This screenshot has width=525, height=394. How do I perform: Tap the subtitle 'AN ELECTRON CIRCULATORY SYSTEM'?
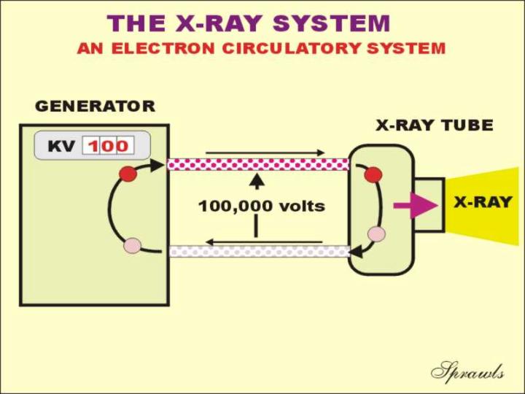tap(261, 49)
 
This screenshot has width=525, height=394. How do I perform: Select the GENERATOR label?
tap(95, 107)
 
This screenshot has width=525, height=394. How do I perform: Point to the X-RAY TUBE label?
tap(434, 125)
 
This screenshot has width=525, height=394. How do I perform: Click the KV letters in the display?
tap(61, 146)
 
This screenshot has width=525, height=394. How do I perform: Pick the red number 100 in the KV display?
tap(108, 146)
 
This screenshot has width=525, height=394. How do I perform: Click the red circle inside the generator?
tap(128, 174)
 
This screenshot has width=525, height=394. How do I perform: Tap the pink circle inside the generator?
tap(132, 244)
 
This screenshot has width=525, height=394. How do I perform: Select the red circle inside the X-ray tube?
tap(373, 174)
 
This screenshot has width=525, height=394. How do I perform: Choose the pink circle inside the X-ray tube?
tap(376, 233)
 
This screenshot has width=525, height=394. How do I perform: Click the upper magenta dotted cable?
tap(258, 164)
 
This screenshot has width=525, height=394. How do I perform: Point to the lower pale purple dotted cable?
tap(258, 251)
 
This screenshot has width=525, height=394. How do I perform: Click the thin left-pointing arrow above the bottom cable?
tap(262, 241)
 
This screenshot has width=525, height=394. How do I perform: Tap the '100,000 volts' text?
tap(261, 206)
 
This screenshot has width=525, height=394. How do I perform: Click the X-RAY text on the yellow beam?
tap(483, 202)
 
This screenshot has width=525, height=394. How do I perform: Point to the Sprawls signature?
tap(467, 372)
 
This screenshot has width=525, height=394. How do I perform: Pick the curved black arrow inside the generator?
tap(112, 212)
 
